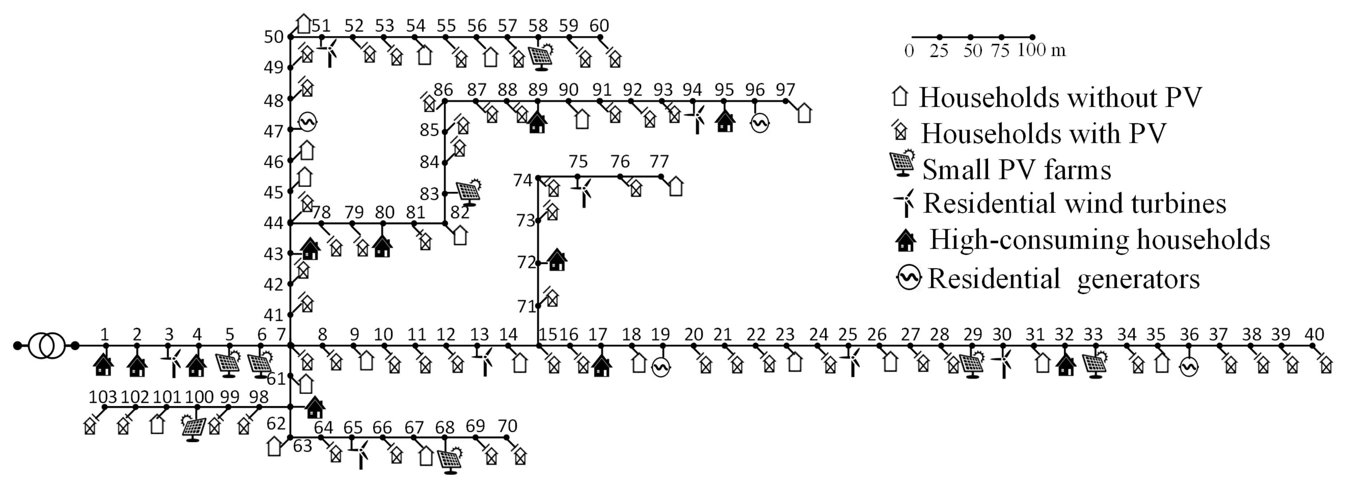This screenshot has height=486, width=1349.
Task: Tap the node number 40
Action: (1314, 334)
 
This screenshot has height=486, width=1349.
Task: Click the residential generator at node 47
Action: (308, 122)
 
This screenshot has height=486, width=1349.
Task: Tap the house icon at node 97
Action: (804, 113)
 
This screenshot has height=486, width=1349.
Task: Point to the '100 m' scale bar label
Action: (1041, 50)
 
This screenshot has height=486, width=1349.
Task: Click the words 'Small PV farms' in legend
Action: (1016, 170)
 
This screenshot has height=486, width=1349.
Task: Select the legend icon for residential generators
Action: (908, 277)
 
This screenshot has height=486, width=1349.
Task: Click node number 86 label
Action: (443, 90)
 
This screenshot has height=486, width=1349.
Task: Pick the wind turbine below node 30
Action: (1003, 363)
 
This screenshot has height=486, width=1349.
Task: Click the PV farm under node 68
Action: (449, 460)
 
